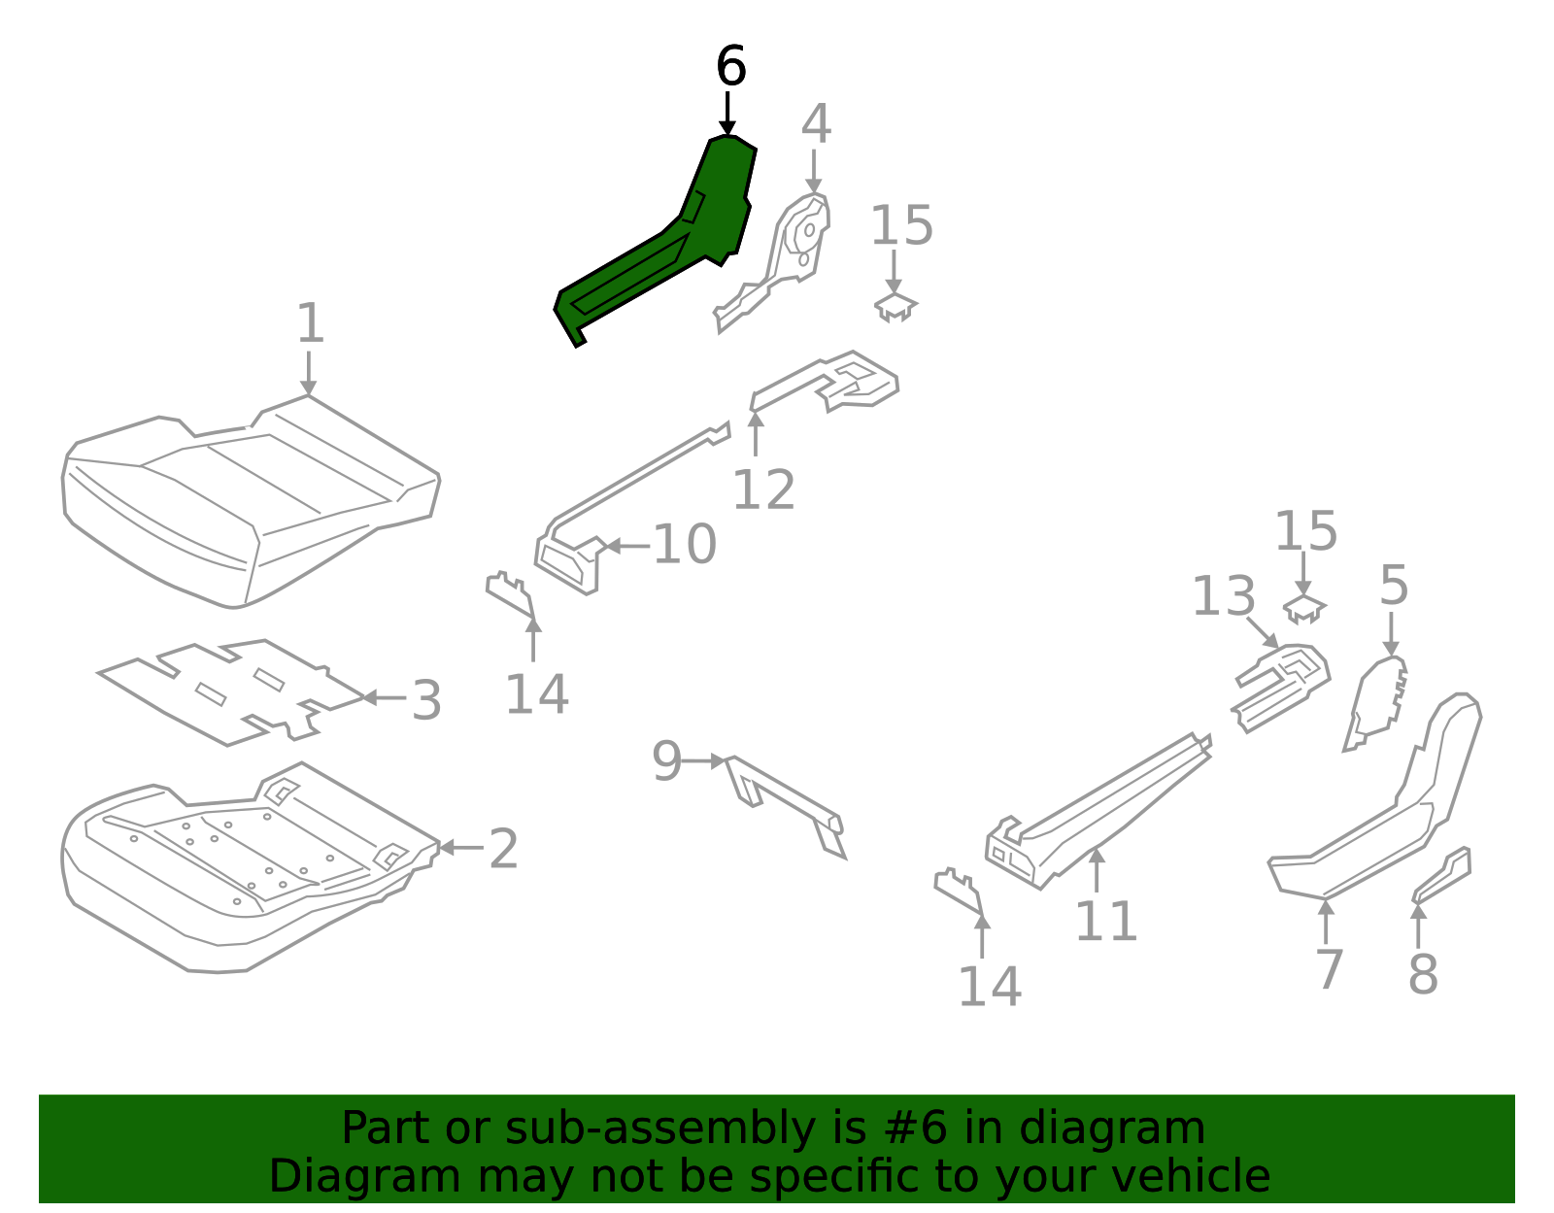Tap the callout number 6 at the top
point(730,67)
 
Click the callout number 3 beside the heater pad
point(426,700)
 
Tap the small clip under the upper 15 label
point(895,307)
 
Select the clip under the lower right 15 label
point(1304,609)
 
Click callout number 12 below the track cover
point(763,489)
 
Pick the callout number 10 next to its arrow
point(685,544)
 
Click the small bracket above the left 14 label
point(510,595)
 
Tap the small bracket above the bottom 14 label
point(958,892)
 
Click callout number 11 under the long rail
point(1105,922)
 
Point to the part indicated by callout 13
point(1280,685)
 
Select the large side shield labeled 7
point(1379,826)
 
